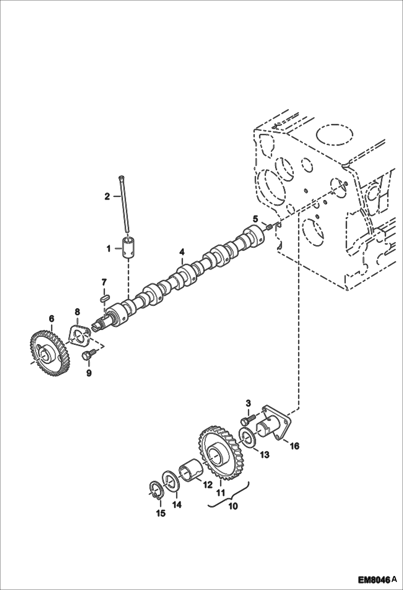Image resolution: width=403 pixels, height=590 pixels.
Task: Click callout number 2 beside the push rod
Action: [107, 197]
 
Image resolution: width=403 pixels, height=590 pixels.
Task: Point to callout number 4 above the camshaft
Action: [182, 252]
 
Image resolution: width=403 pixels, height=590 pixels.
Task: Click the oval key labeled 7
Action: [104, 298]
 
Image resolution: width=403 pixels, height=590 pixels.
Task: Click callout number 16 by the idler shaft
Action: [295, 446]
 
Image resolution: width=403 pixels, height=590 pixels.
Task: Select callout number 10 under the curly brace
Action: [233, 506]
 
